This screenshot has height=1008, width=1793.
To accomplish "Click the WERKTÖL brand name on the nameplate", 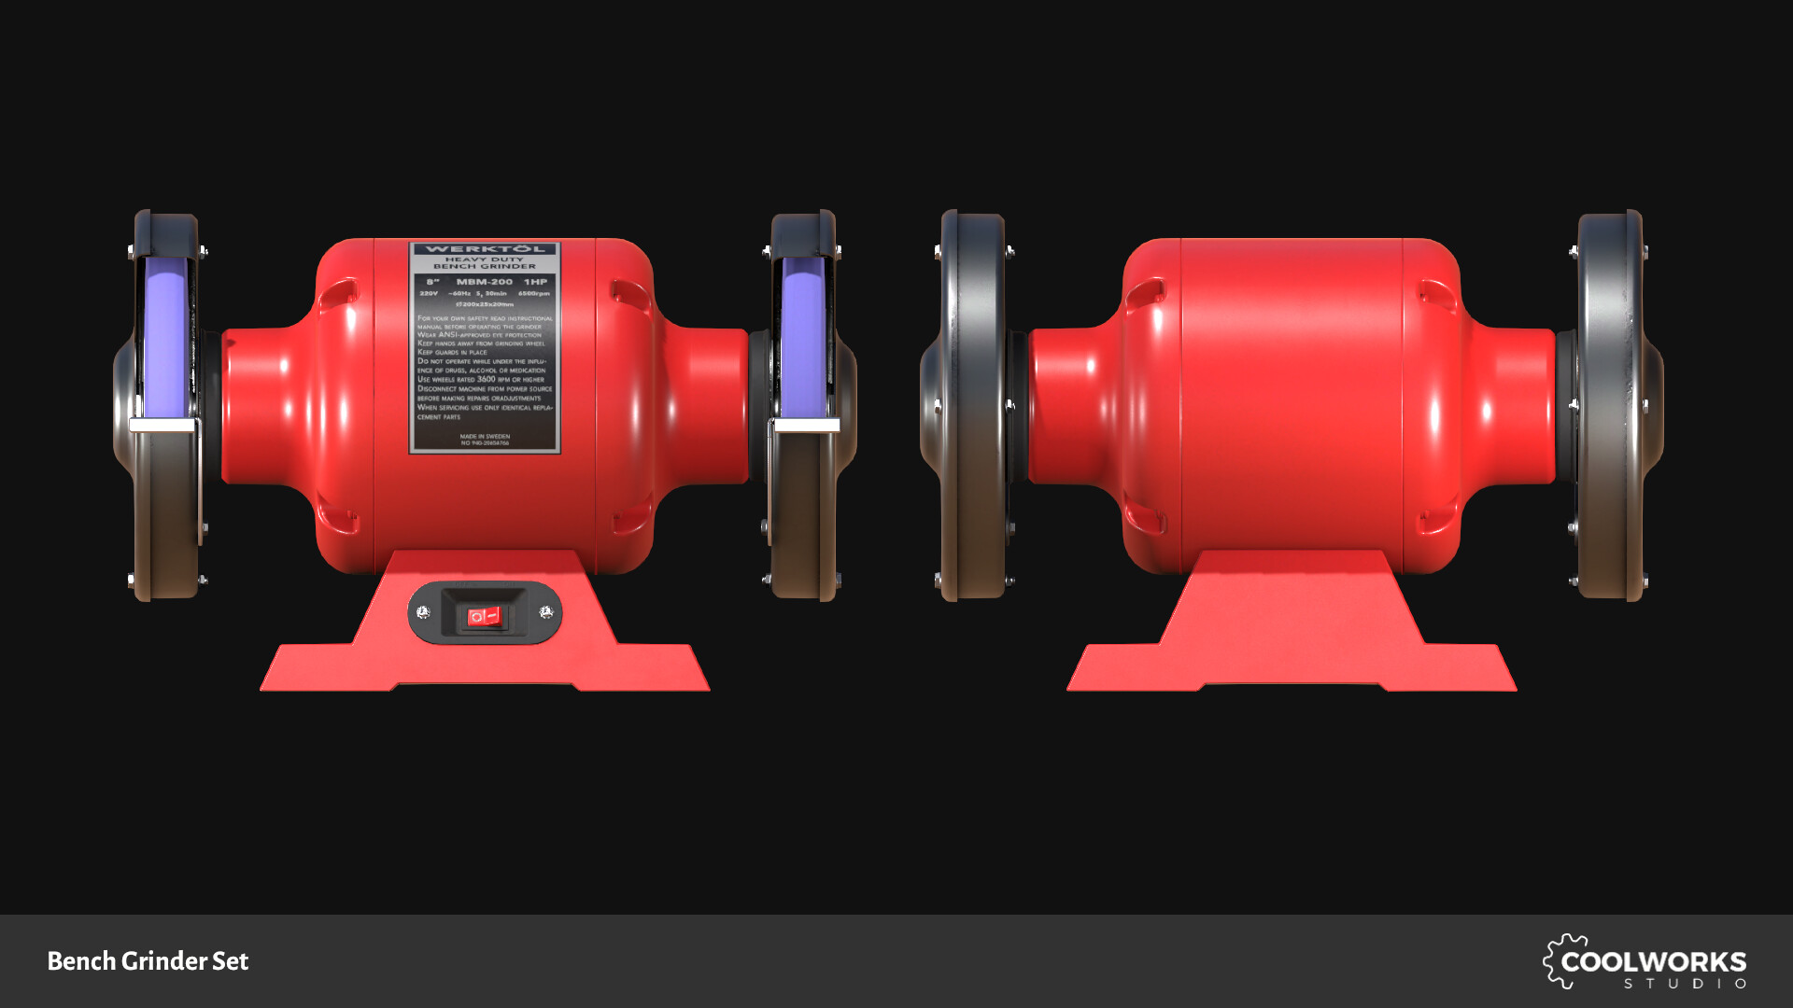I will coord(485,249).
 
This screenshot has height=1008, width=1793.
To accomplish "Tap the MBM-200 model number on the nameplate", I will coord(484,282).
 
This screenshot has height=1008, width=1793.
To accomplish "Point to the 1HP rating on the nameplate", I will coord(535,282).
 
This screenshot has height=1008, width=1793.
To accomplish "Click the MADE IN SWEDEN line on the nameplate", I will coord(485,436).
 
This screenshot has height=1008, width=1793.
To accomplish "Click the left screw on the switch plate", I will coord(423,612).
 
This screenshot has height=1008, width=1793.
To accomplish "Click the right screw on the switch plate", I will coord(546,612).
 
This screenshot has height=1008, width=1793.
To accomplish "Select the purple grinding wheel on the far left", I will coord(165,336).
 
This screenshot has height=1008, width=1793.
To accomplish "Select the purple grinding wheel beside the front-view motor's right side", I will coord(803,336).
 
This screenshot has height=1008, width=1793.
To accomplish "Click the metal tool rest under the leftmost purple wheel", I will coord(162,426).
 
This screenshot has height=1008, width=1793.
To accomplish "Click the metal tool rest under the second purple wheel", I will coord(806,426).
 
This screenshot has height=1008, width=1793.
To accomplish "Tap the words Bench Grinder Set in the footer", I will coord(148,961).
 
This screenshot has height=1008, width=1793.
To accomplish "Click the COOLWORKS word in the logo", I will coord(1653,961).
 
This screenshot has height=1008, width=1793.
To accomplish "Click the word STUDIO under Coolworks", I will coord(1685,984).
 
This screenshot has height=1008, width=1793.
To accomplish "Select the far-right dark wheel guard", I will coord(1616,406).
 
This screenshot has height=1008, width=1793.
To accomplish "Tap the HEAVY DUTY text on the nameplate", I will coord(484,259).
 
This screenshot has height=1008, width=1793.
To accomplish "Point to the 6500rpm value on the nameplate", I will coord(534,293).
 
